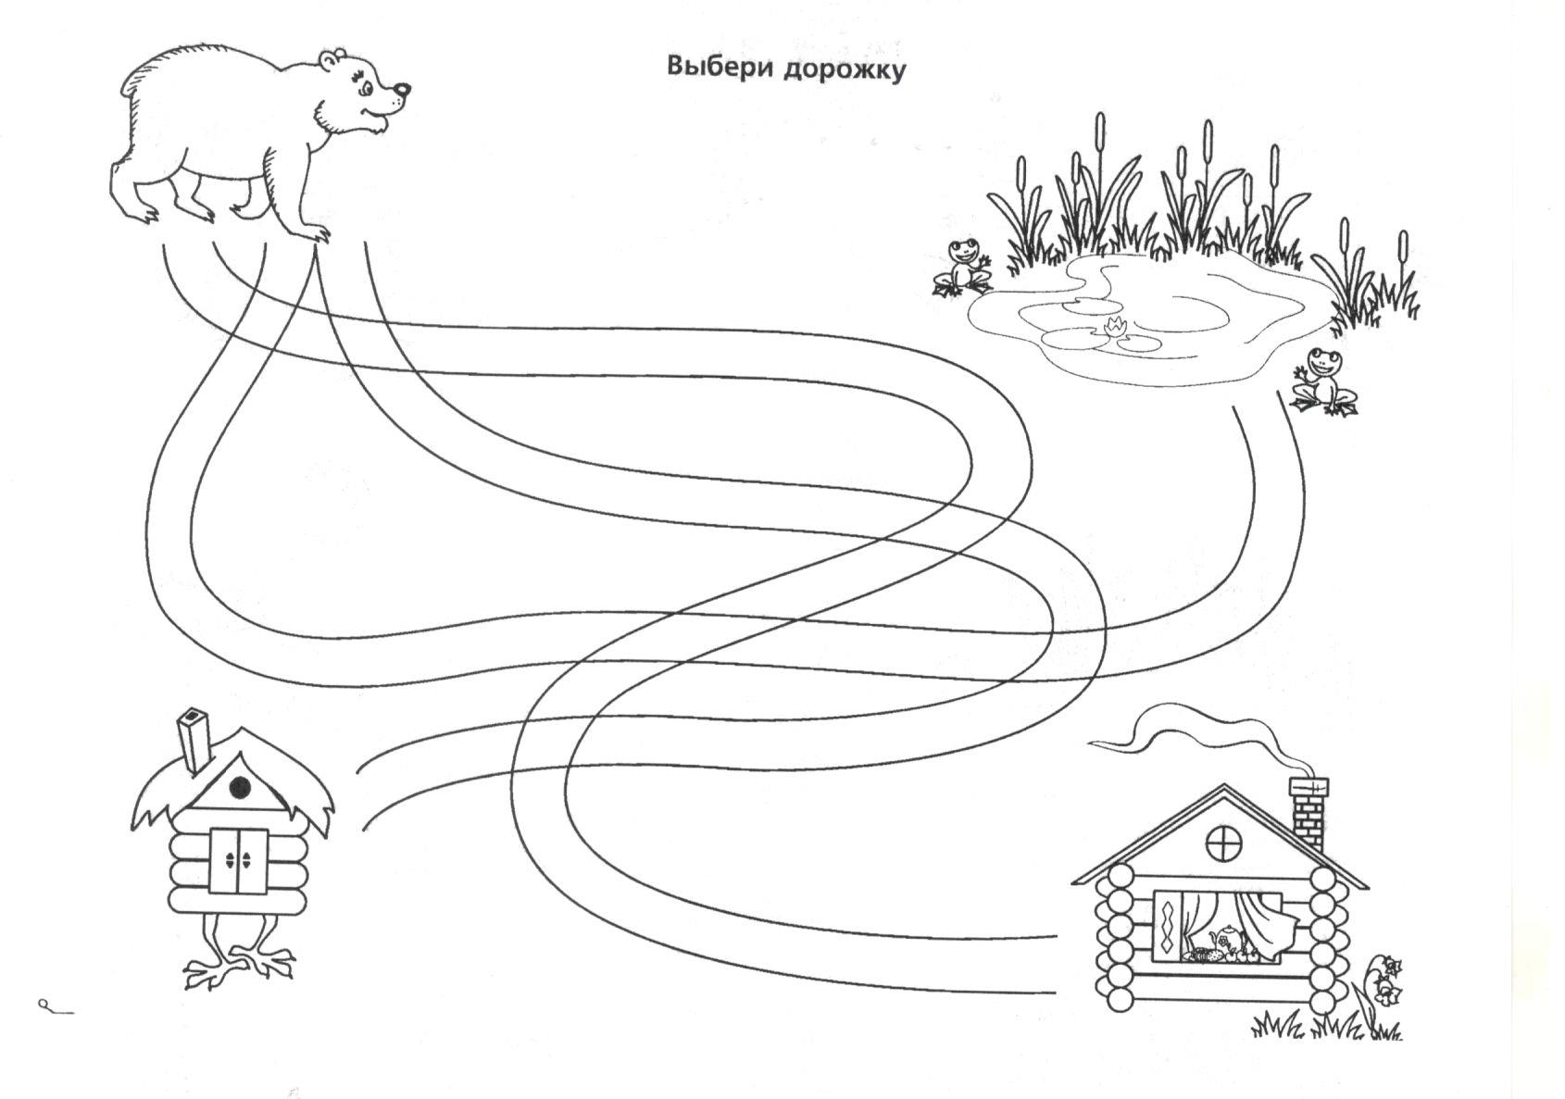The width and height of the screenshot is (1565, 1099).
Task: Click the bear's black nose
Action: [402, 91]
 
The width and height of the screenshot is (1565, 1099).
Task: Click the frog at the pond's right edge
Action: [1324, 381]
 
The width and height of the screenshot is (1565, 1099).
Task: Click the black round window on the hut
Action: [240, 788]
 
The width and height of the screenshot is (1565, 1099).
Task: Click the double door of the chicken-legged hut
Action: [238, 861]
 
